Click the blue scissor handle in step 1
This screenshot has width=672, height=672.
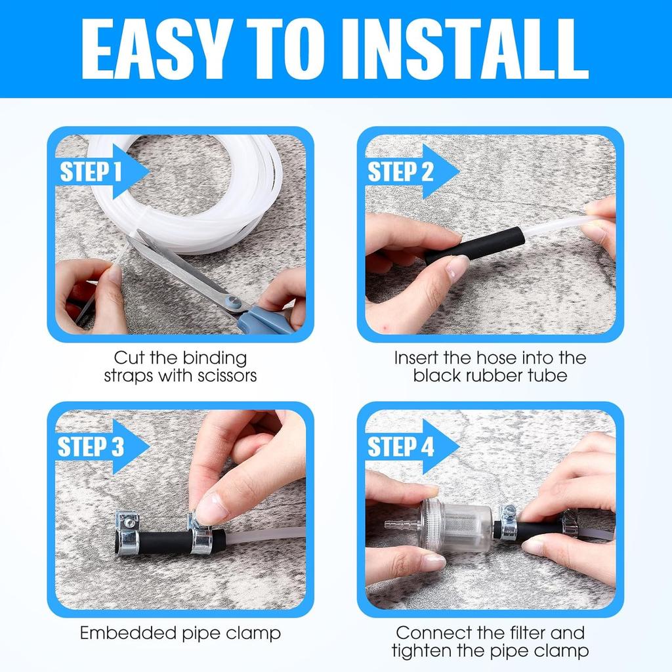pos(266,320)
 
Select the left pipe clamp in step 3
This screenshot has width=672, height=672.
pos(128,533)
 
